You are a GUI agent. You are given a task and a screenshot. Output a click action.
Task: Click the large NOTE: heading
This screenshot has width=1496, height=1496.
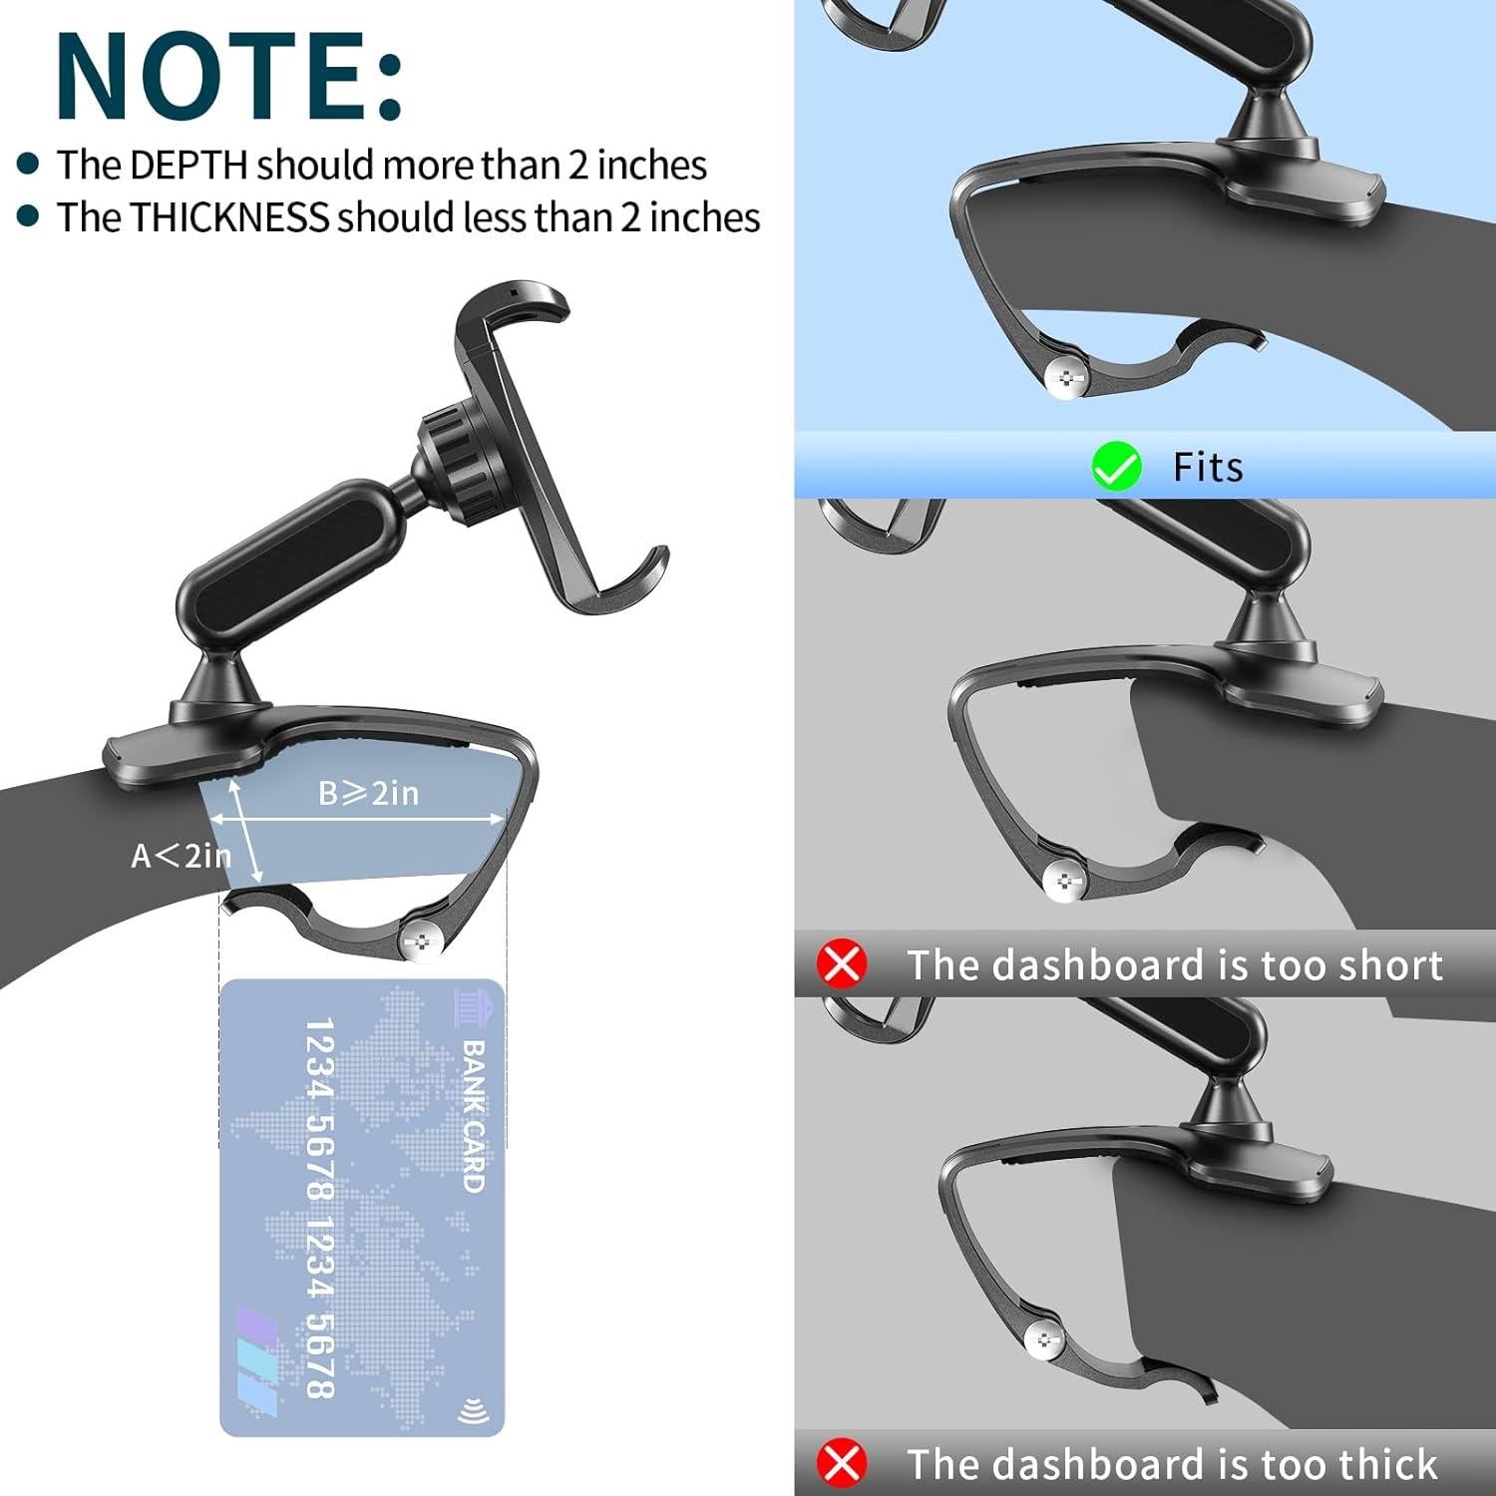[x=229, y=77]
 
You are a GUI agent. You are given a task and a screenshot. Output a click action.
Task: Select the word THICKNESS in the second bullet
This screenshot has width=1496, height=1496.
[x=229, y=217]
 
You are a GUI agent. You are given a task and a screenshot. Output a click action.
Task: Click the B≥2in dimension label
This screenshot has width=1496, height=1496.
[x=368, y=794]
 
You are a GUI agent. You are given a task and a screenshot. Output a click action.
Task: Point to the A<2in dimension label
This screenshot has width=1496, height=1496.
[x=181, y=856]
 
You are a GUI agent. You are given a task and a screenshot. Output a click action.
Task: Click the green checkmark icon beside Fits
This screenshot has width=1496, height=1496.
[x=1116, y=467]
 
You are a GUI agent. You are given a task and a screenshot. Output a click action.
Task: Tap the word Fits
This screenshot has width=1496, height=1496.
[x=1207, y=467]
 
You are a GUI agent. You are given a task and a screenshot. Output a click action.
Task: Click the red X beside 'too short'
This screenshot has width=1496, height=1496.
[x=842, y=964]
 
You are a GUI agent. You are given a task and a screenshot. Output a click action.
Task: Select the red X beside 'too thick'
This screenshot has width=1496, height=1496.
[x=842, y=1463]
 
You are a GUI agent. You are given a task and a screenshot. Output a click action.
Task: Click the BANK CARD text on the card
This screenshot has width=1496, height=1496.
[x=473, y=1117]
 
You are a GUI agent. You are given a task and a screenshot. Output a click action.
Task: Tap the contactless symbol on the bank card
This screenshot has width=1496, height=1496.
[x=472, y=1412]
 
